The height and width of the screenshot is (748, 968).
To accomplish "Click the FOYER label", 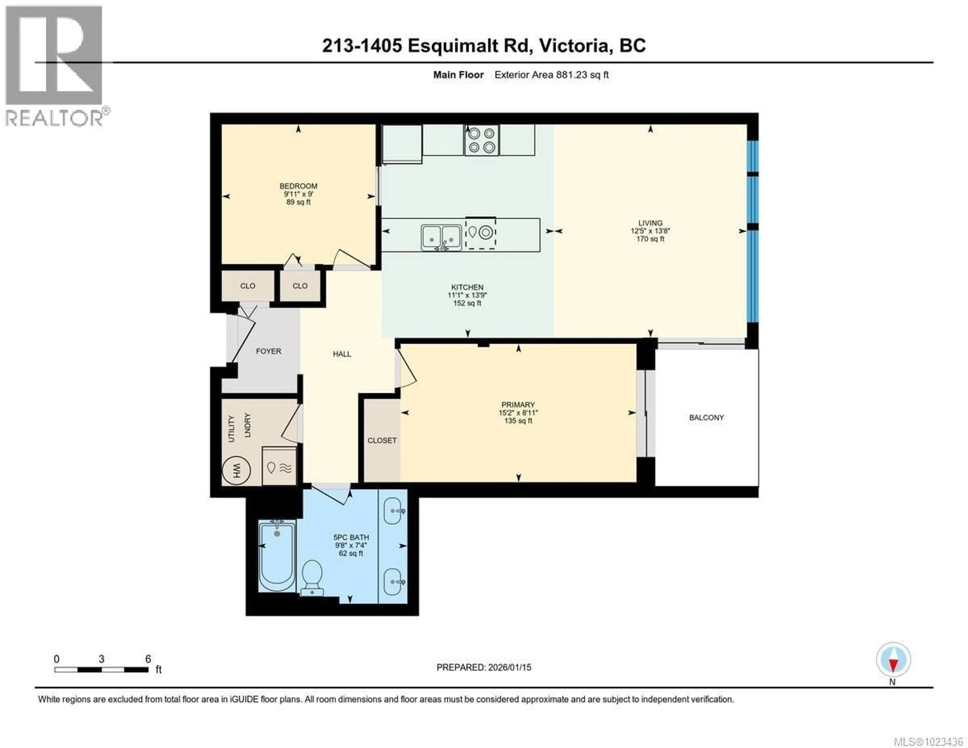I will pyautogui.click(x=268, y=351).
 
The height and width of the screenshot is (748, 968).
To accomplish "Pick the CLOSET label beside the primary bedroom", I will pyautogui.click(x=382, y=440).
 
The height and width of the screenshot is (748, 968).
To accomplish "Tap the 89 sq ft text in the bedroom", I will pyautogui.click(x=298, y=202).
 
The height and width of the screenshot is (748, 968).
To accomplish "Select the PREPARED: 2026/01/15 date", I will pyautogui.click(x=483, y=667).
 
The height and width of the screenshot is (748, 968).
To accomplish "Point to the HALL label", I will pyautogui.click(x=342, y=354).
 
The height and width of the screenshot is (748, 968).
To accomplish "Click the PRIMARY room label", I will pyautogui.click(x=518, y=405).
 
